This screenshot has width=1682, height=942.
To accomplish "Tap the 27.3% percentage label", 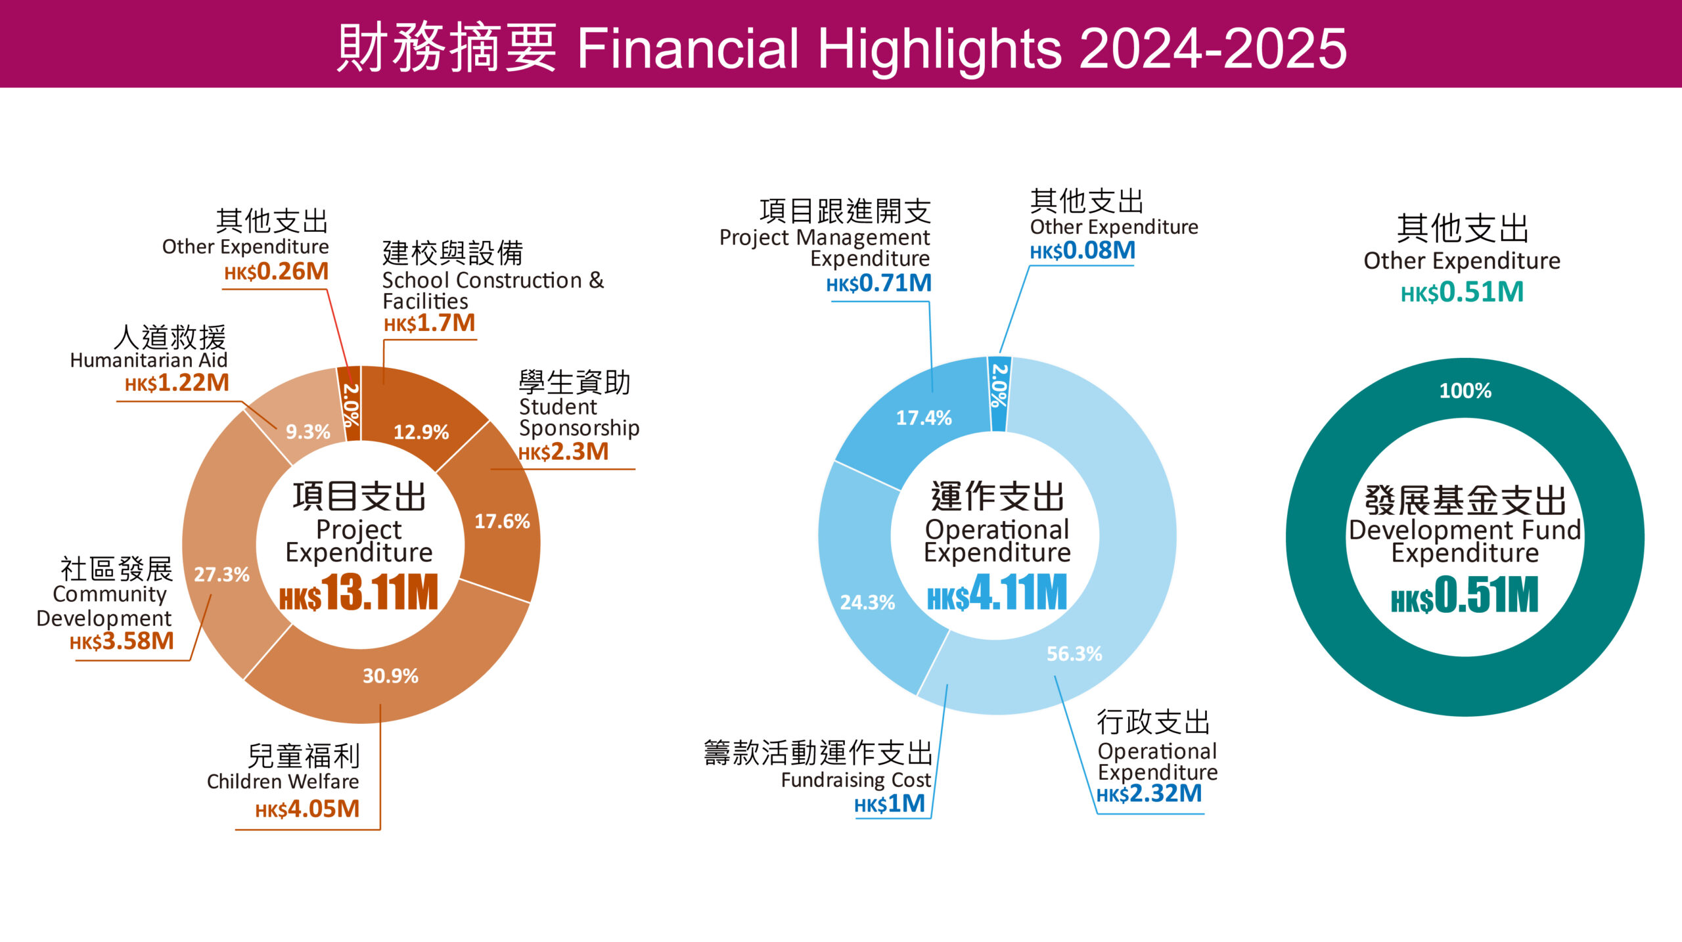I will [221, 575].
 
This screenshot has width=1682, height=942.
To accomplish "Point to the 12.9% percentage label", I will [421, 432].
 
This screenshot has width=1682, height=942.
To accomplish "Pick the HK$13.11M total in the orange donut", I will [359, 593].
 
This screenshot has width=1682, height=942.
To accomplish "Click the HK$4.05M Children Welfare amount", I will [307, 809].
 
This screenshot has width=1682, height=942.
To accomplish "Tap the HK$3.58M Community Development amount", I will [122, 641].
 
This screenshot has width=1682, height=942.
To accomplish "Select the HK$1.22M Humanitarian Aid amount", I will [177, 383].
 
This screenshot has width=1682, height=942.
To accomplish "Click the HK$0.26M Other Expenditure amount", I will [277, 272].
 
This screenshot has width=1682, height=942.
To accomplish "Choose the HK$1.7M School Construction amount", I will [430, 323].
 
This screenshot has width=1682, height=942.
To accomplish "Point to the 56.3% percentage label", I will [1074, 654].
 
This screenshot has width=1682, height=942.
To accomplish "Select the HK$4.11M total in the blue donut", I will [997, 593].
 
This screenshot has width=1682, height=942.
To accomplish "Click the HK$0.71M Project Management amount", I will [879, 284].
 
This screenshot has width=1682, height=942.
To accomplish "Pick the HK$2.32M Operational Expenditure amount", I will [1149, 794].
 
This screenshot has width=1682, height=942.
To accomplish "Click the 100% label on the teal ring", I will [1465, 391].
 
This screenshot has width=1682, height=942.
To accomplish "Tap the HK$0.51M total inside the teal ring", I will [1465, 596].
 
